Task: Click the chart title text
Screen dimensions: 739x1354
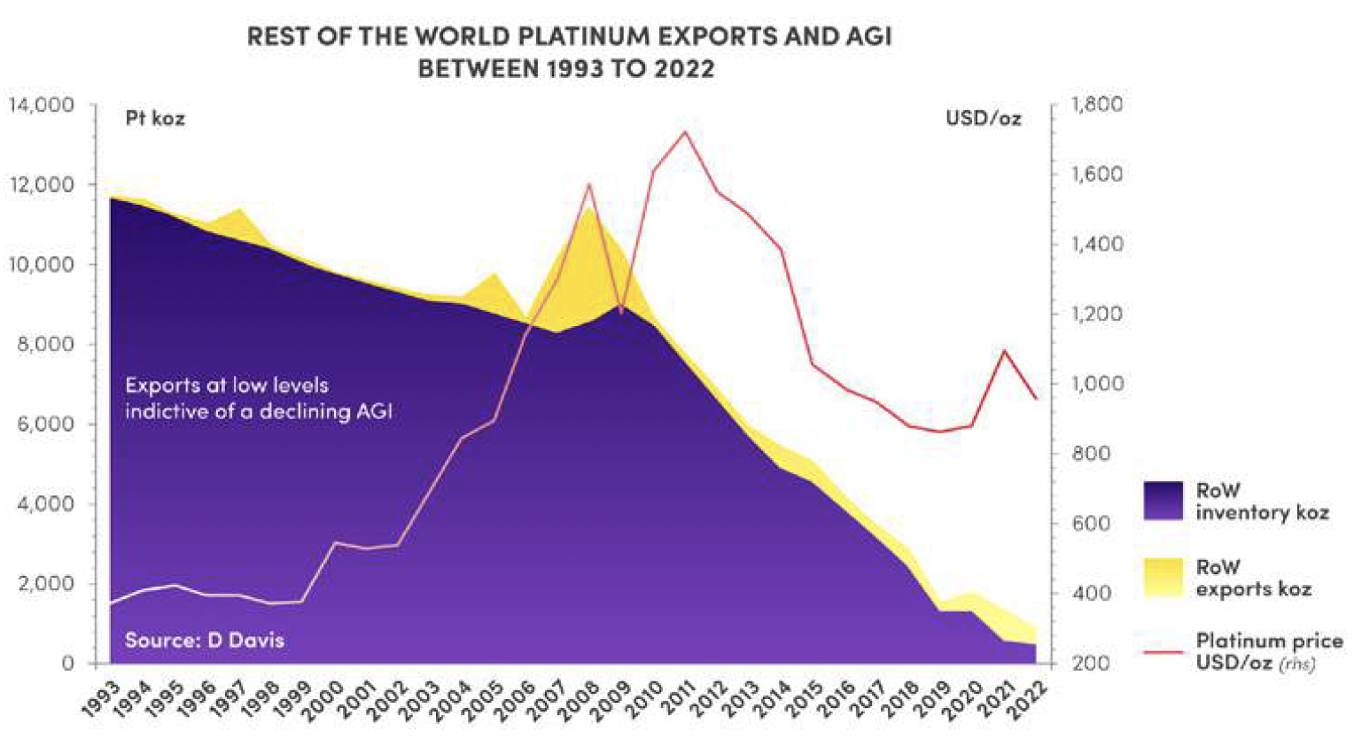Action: [568, 51]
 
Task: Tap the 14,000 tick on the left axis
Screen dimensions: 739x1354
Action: [42, 105]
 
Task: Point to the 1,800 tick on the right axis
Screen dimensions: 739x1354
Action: [1096, 105]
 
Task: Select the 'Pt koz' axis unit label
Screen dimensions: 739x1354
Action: [155, 118]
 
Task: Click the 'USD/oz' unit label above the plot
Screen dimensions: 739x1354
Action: [983, 118]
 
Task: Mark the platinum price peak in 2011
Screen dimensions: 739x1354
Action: [684, 132]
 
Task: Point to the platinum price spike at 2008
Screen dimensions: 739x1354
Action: [588, 184]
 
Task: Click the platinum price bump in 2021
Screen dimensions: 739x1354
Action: [1004, 351]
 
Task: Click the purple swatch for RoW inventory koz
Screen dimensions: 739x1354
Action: [1163, 501]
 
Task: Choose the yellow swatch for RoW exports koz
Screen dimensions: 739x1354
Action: [1163, 577]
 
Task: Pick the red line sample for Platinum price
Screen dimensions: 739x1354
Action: [1163, 651]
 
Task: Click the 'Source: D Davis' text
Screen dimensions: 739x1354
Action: [205, 640]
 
